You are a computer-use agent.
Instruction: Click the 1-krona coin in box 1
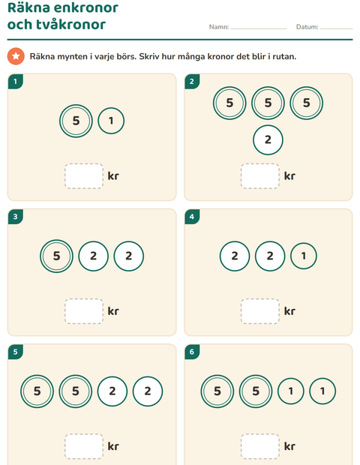(111, 121)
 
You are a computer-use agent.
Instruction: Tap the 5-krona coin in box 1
(76, 121)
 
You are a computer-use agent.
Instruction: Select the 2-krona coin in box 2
(268, 139)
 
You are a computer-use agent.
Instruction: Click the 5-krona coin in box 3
(56, 256)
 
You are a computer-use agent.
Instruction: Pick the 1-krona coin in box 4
(303, 256)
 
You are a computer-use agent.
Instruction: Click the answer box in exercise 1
(84, 175)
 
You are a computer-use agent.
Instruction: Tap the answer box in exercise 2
(260, 175)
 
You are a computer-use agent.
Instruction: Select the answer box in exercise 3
(84, 311)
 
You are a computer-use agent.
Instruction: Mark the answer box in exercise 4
(260, 311)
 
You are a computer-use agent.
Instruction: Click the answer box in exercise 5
(84, 446)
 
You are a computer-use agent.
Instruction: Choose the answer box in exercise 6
(260, 446)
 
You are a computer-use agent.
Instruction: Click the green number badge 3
(16, 217)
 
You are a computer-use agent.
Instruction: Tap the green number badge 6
(192, 352)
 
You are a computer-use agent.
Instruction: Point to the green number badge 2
(192, 82)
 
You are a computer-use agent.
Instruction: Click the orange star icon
(16, 56)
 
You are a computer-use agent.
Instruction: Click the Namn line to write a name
(259, 28)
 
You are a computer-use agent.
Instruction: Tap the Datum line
(336, 28)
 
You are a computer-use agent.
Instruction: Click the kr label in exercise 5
(113, 446)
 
